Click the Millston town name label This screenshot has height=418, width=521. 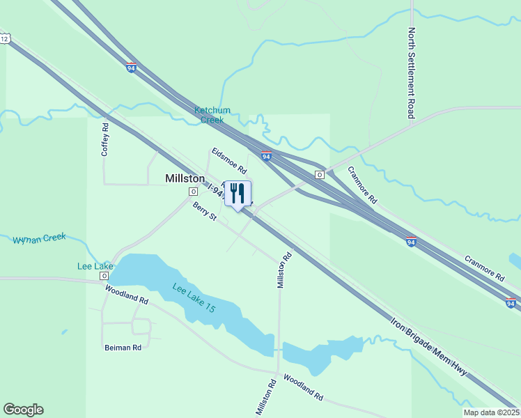pyautogui.click(x=185, y=178)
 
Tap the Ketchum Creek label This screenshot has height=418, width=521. pyautogui.click(x=212, y=115)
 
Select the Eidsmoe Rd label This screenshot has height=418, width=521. pyautogui.click(x=229, y=160)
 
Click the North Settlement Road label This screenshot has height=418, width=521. pyautogui.click(x=412, y=73)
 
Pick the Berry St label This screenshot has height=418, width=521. pyautogui.click(x=205, y=212)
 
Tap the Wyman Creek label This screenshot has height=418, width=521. pyautogui.click(x=39, y=238)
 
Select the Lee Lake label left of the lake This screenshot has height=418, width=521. pyautogui.click(x=95, y=266)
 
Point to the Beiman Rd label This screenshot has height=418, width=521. pyautogui.click(x=123, y=347)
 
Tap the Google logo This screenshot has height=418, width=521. pyautogui.click(x=23, y=410)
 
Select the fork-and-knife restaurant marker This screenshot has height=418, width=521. pyautogui.click(x=238, y=194)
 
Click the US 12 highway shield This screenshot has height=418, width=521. pyautogui.click(x=5, y=39)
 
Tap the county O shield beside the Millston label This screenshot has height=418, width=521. pyautogui.click(x=193, y=192)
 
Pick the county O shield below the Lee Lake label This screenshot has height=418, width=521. pyautogui.click(x=104, y=276)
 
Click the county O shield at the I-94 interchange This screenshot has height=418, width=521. pyautogui.click(x=320, y=174)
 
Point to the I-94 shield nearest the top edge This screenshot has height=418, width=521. pyautogui.click(x=131, y=68)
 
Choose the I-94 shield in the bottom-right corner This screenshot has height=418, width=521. pyautogui.click(x=511, y=303)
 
